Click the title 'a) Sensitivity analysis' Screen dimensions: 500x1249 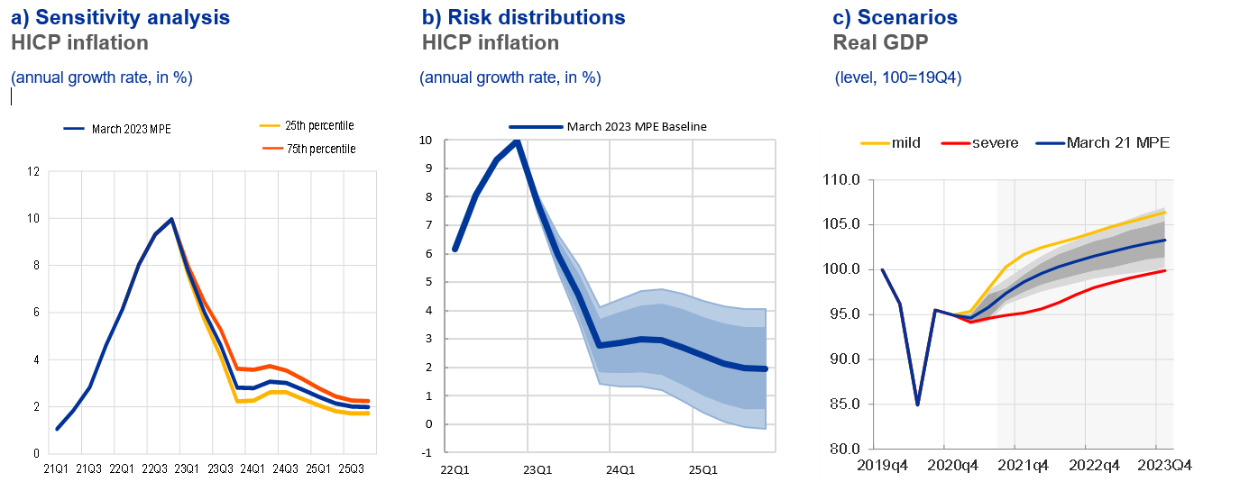click(120, 17)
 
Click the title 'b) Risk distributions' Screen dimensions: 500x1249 click(523, 17)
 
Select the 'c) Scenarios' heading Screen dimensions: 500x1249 click(895, 17)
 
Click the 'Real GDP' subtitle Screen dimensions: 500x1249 click(880, 42)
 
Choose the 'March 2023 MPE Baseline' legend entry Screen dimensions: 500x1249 click(637, 127)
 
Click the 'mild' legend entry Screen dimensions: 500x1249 click(905, 142)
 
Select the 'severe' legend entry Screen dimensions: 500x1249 click(992, 142)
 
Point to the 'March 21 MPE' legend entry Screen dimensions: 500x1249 click(1117, 142)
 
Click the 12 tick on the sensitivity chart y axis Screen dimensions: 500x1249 click(32, 171)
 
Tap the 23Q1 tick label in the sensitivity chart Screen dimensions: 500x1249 click(186, 468)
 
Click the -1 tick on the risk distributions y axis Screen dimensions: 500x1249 click(427, 452)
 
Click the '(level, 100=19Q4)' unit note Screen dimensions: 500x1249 click(898, 77)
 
